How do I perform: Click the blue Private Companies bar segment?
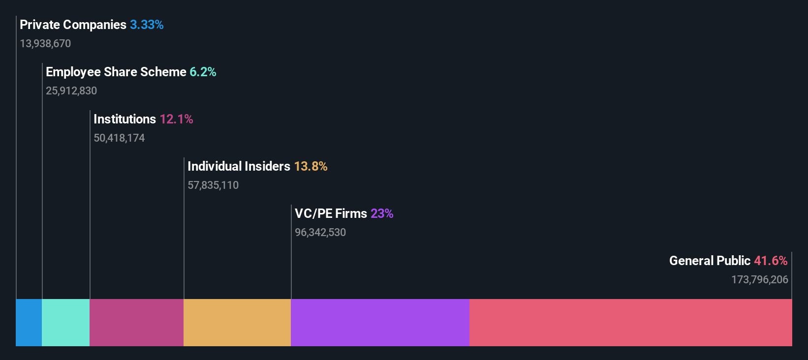pyautogui.click(x=29, y=322)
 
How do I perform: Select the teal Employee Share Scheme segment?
pyautogui.click(x=65, y=322)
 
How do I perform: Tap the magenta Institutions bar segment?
pyautogui.click(x=136, y=322)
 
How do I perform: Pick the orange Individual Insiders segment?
pyautogui.click(x=237, y=322)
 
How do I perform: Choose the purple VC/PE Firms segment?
pyautogui.click(x=380, y=322)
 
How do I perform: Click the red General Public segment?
pyautogui.click(x=630, y=322)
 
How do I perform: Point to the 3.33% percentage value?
pyautogui.click(x=147, y=25)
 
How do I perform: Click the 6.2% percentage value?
pyautogui.click(x=203, y=72)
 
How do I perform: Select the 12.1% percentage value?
pyautogui.click(x=176, y=119)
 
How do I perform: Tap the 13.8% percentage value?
pyautogui.click(x=311, y=166)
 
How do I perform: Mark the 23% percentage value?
pyautogui.click(x=382, y=213)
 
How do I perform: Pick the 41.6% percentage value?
pyautogui.click(x=771, y=261)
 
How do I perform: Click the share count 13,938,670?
pyautogui.click(x=45, y=44)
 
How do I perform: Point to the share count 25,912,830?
pyautogui.click(x=71, y=91)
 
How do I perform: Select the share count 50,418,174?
pyautogui.click(x=119, y=138)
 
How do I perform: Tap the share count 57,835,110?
pyautogui.click(x=213, y=185)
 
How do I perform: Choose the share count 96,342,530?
pyautogui.click(x=320, y=233)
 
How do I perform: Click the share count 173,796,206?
pyautogui.click(x=759, y=280)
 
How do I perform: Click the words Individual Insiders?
pyautogui.click(x=239, y=166)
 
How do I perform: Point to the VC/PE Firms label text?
pyautogui.click(x=331, y=213)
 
